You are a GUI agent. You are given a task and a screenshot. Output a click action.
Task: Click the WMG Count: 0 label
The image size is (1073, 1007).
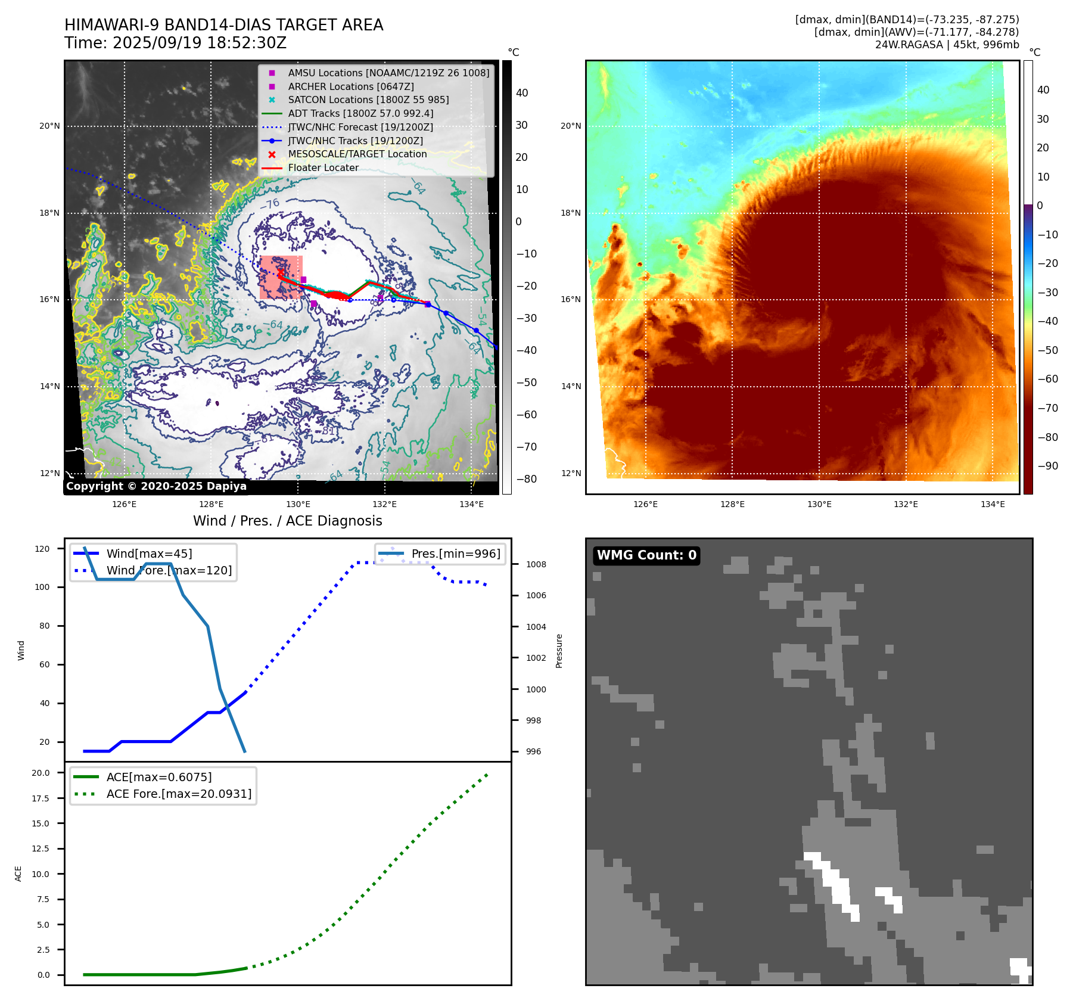(646, 555)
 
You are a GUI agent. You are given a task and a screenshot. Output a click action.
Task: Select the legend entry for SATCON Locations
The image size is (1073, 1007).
(368, 100)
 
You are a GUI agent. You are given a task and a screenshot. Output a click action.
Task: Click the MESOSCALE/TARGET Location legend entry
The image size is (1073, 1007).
(357, 154)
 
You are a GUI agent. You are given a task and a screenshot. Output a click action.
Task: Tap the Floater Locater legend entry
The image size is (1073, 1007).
(323, 168)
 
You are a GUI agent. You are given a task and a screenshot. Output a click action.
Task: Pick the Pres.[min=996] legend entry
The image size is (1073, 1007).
(456, 554)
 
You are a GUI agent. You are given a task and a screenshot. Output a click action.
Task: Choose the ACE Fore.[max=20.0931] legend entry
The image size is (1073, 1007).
(179, 794)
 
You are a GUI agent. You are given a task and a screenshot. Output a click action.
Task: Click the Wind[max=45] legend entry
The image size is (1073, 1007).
(149, 554)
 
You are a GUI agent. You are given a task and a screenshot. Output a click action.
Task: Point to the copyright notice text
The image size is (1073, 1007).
(156, 486)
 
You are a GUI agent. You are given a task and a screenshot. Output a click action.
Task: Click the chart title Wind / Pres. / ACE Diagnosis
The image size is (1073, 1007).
(288, 521)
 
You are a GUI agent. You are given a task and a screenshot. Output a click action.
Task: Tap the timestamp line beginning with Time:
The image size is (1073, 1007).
(176, 43)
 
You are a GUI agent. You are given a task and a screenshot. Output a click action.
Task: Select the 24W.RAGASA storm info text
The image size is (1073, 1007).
(947, 45)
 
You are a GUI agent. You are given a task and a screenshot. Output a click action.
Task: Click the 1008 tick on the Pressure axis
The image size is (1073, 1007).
(536, 564)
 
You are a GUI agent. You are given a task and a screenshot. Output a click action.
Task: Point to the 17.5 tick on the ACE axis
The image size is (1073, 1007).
(41, 798)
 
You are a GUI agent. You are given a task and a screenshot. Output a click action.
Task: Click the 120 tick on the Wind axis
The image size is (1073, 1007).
(42, 549)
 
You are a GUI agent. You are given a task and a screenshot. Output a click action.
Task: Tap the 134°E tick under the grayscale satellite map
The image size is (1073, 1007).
(471, 504)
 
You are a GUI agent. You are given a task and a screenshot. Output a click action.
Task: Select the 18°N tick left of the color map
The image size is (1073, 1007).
(570, 213)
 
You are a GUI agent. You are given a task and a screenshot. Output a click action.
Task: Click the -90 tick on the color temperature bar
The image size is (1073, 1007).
(1047, 466)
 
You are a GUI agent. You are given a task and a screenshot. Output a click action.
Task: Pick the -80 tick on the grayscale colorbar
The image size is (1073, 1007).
(526, 479)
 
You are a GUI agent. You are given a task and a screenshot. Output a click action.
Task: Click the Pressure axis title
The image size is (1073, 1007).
(559, 651)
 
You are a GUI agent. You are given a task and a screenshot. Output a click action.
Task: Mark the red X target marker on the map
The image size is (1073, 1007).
(280, 273)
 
